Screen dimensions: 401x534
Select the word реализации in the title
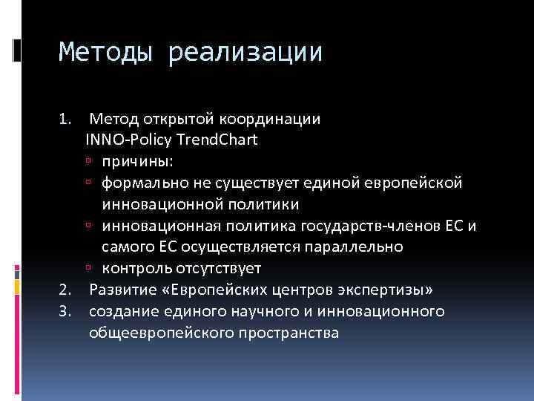coord(245,53)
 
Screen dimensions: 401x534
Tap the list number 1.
coord(65,118)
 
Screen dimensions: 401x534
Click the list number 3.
coord(65,311)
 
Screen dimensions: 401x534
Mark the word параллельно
coord(360,246)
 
